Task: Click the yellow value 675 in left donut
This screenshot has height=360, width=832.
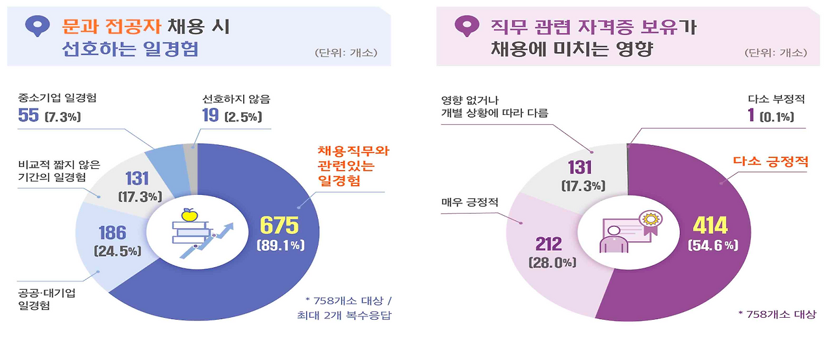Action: (279, 225)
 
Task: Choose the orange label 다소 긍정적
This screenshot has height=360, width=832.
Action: (771, 161)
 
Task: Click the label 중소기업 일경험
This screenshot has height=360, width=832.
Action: (53, 99)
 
